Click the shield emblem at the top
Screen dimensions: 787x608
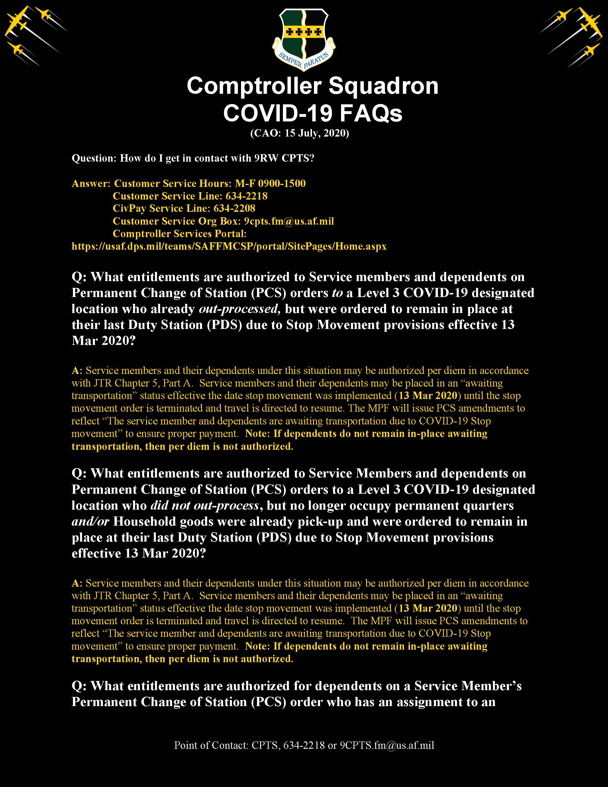click(304, 36)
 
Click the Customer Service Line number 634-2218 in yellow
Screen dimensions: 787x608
click(246, 196)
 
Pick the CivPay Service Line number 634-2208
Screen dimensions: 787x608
click(234, 208)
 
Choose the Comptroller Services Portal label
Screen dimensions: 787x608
click(179, 233)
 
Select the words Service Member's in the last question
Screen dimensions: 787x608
click(468, 686)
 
